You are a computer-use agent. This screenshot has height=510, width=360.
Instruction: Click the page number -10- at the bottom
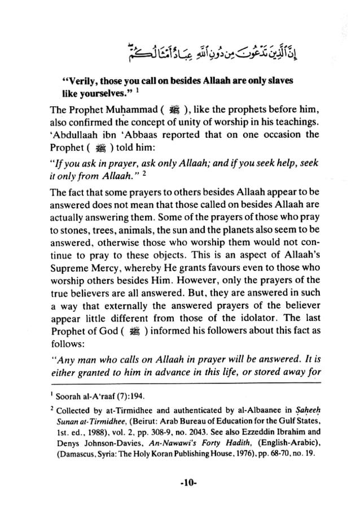(181, 484)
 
